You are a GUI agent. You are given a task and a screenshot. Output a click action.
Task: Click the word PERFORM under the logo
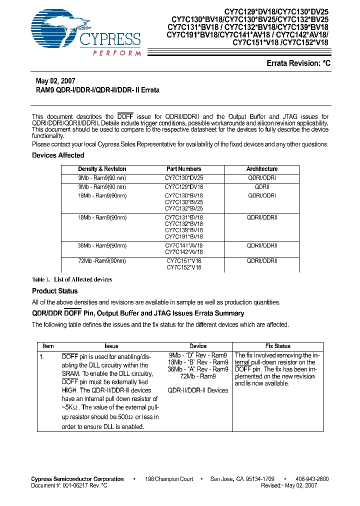[116, 53]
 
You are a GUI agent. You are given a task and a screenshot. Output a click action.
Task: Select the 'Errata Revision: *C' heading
[298, 63]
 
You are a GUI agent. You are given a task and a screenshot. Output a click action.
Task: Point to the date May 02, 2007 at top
[55, 81]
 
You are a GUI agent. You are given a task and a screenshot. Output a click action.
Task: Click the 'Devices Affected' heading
[58, 155]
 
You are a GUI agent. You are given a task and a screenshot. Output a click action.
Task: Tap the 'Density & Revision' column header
[102, 169]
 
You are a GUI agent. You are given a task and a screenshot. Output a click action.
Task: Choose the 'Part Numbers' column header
[184, 169]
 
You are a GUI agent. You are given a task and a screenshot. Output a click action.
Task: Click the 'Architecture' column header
[261, 169]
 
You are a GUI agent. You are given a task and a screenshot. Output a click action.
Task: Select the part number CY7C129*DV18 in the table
[184, 186]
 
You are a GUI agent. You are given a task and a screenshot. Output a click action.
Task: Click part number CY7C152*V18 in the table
[184, 267]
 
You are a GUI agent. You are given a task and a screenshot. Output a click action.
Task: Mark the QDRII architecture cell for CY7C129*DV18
[261, 186]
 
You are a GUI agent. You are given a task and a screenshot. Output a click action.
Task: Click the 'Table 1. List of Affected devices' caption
[72, 279]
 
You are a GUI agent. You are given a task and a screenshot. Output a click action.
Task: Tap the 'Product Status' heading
[55, 291]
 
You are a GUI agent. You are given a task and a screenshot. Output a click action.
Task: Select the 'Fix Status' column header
[277, 346]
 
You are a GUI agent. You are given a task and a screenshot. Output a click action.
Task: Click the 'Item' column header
[48, 346]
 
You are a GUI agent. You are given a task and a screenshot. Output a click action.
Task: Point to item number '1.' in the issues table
[43, 356]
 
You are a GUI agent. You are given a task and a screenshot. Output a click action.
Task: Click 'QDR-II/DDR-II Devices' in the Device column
[197, 390]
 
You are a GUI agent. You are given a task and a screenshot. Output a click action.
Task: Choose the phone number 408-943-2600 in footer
[311, 479]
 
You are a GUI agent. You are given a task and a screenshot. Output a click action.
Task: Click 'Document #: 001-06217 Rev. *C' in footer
[69, 485]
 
